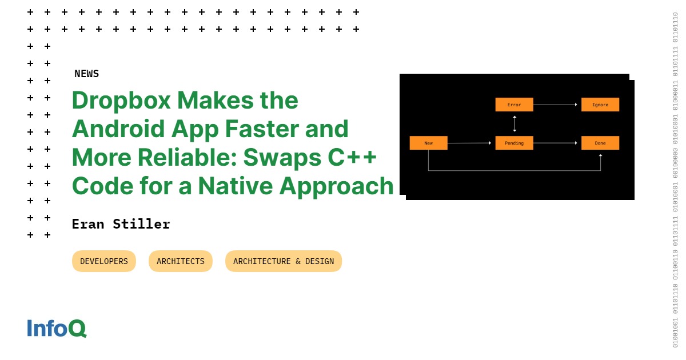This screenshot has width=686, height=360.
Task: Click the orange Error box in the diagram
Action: pyautogui.click(x=514, y=105)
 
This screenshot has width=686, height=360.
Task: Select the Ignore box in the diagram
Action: pyautogui.click(x=600, y=105)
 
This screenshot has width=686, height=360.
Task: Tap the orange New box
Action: pyautogui.click(x=428, y=143)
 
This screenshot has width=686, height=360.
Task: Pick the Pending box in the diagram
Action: pyautogui.click(x=514, y=143)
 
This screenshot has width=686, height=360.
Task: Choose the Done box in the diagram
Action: pyautogui.click(x=600, y=143)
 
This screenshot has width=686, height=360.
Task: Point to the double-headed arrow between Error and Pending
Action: pyautogui.click(x=514, y=123)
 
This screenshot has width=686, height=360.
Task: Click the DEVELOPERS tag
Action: pyautogui.click(x=104, y=261)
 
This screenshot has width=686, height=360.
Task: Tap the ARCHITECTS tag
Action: pyautogui.click(x=181, y=261)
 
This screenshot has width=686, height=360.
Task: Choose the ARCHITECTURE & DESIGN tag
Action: pyautogui.click(x=284, y=261)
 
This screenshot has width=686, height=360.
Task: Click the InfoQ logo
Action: pyautogui.click(x=57, y=328)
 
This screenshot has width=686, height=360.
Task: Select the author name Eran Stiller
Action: pyautogui.click(x=121, y=224)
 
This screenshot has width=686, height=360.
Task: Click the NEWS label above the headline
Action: pyautogui.click(x=86, y=74)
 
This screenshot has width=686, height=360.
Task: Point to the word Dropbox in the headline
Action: pyautogui.click(x=121, y=101)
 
